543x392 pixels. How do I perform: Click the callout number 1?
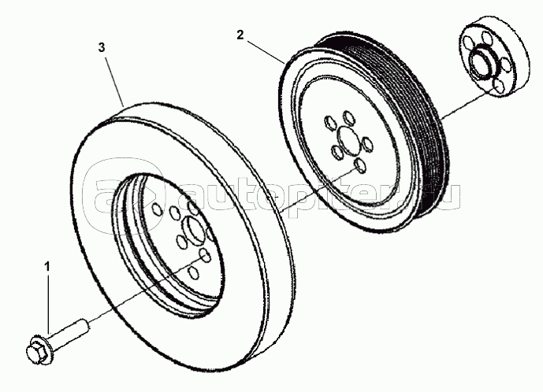[x=46, y=268]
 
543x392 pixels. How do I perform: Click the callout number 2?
[x=240, y=35]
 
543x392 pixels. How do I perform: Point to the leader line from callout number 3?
[x=113, y=80]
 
